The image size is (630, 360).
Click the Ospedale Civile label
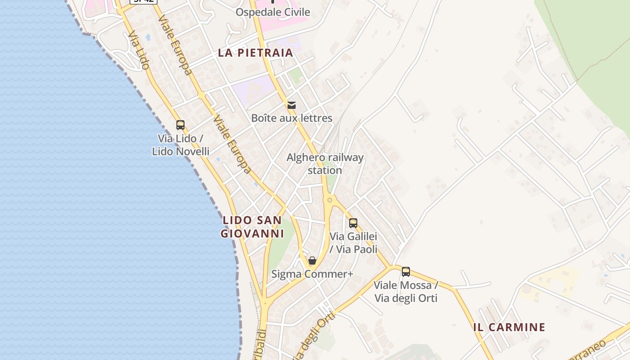273,12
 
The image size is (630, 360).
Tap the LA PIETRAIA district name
256,53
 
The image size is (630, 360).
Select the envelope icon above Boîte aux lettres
292,105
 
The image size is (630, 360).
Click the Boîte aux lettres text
292,118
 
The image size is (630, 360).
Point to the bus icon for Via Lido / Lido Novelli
180,125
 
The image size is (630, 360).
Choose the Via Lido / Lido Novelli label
180,145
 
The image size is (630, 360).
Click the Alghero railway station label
325,164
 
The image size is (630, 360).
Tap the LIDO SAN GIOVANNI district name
252,227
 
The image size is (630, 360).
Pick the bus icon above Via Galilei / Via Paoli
353,223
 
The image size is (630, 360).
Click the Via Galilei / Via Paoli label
353,243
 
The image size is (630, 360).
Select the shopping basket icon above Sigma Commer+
312,261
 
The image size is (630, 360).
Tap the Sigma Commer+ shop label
312,274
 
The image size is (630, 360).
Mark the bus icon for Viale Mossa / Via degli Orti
406,272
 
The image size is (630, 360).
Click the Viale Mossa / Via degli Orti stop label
406,292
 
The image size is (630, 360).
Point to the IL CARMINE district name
509,327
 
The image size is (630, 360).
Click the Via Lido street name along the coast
139,50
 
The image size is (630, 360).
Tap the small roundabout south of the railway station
330,200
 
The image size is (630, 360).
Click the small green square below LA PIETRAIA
296,76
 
